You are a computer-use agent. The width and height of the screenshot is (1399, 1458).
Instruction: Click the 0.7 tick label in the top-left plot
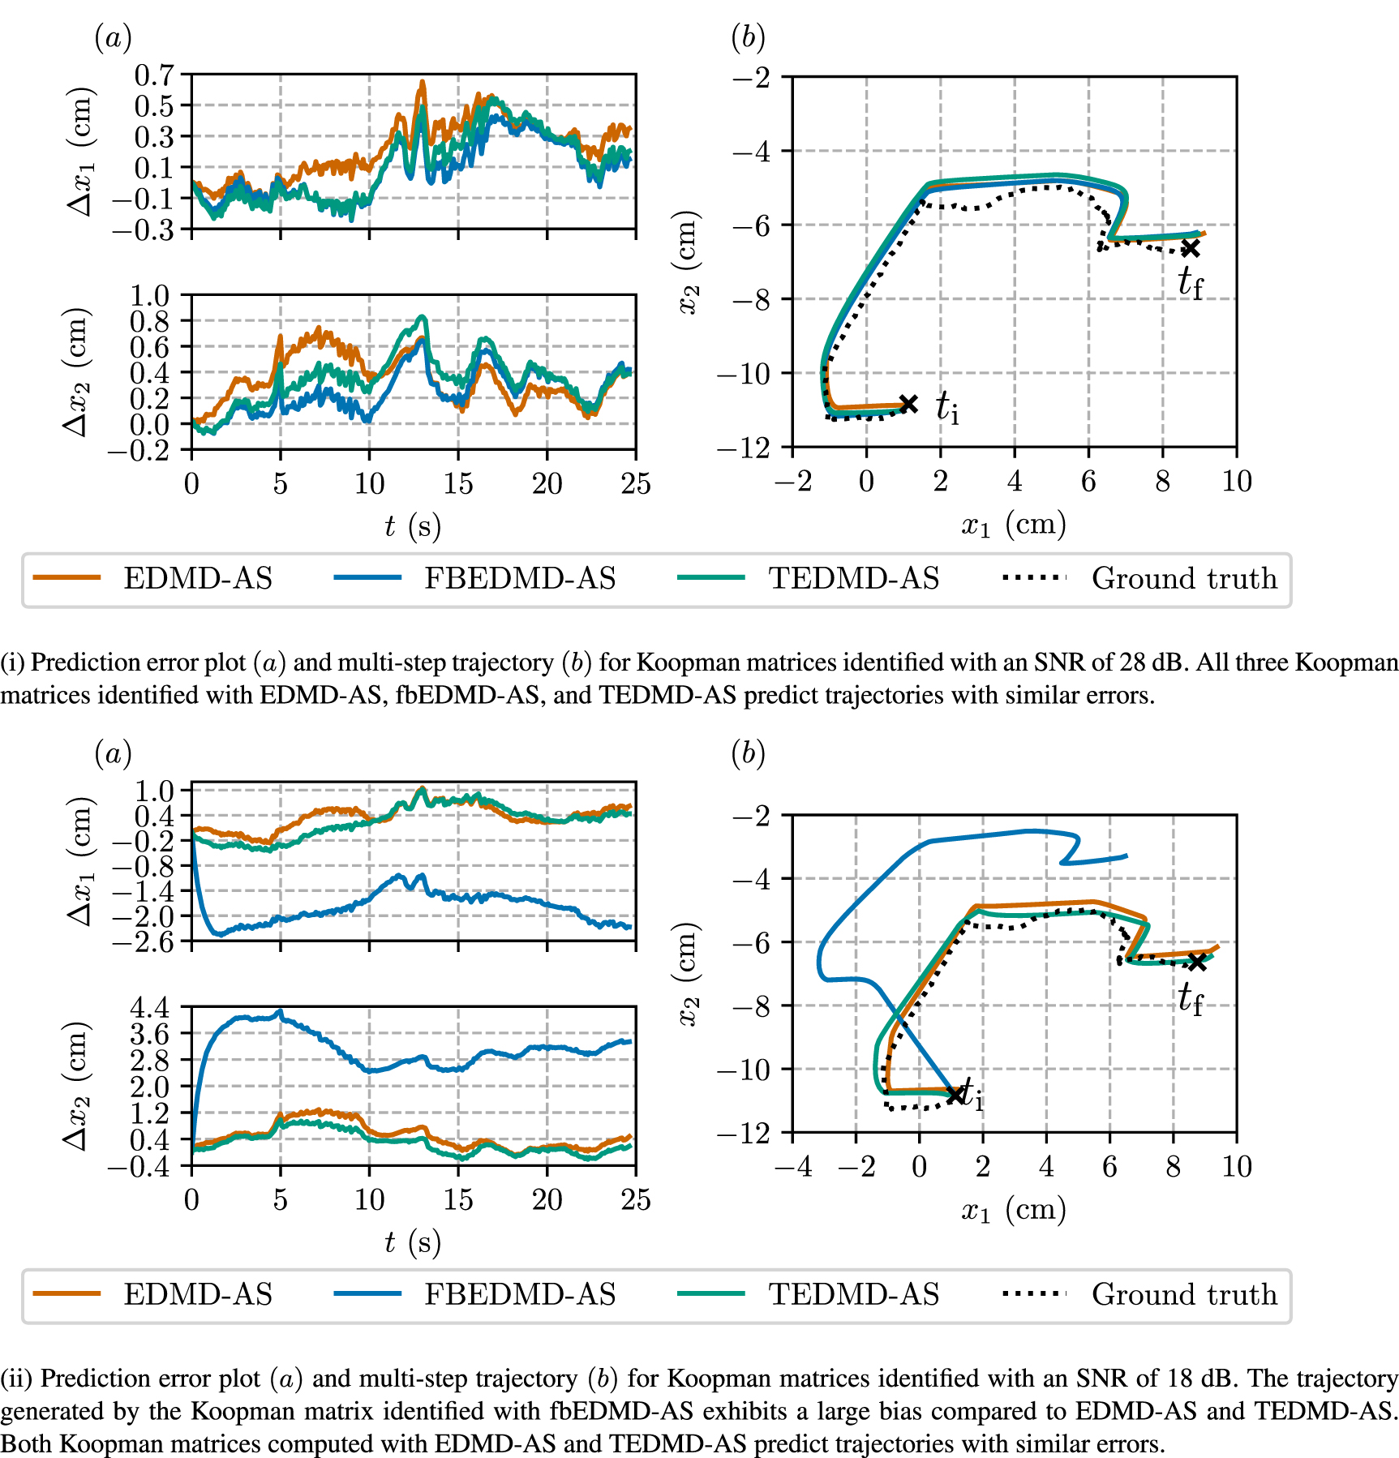click(154, 75)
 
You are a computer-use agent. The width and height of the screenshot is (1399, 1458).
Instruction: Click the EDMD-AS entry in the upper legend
click(197, 578)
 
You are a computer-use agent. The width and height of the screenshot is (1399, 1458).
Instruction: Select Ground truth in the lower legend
click(1183, 1293)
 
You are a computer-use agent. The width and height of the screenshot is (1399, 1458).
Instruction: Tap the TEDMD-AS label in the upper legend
click(853, 578)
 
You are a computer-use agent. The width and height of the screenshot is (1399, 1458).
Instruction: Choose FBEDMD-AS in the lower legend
click(519, 1293)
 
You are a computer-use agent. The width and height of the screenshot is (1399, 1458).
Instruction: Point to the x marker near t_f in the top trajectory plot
click(1190, 248)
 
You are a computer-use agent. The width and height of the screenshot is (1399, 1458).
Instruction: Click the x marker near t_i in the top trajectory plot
click(908, 404)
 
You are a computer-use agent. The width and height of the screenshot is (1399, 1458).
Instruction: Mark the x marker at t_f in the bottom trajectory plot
click(1196, 962)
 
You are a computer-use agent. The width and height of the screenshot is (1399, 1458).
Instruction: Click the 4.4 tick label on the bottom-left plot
click(150, 1008)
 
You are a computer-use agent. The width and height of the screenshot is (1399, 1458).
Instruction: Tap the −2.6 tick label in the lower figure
click(143, 942)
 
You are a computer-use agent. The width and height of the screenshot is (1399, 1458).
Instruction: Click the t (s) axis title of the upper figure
click(413, 526)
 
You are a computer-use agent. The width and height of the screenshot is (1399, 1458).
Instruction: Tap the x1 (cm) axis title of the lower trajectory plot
click(1014, 1209)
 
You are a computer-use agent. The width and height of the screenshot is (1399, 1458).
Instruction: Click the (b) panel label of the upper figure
click(748, 37)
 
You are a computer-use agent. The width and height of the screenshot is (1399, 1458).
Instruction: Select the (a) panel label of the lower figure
click(113, 753)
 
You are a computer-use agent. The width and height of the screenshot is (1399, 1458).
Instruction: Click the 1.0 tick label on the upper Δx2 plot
click(150, 295)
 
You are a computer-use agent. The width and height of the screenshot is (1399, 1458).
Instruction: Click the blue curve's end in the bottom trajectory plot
click(1126, 856)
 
